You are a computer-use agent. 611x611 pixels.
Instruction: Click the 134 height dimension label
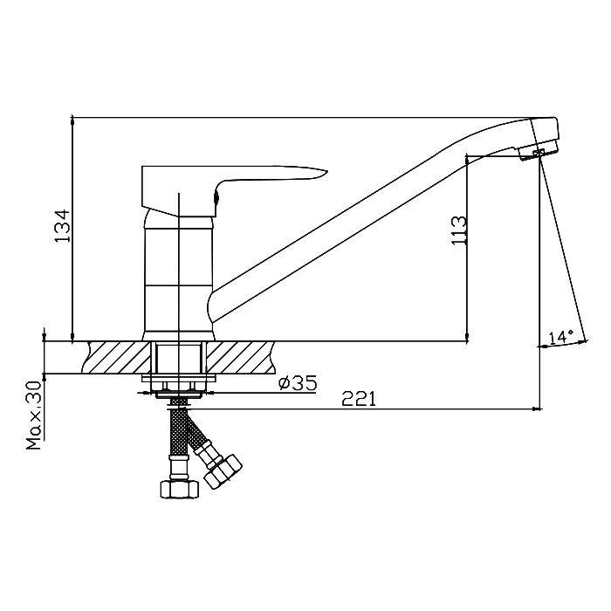(x=62, y=226)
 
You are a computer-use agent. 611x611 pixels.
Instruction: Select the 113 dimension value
(x=459, y=230)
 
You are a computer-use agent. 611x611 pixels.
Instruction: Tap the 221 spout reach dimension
(x=359, y=399)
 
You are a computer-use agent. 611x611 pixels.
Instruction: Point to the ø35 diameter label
(x=299, y=382)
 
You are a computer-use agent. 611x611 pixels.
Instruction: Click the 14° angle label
(x=560, y=337)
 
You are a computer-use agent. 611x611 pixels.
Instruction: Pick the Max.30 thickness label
(x=34, y=415)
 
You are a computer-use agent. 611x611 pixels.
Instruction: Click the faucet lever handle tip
(x=326, y=171)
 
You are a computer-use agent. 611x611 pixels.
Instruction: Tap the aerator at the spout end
(x=539, y=152)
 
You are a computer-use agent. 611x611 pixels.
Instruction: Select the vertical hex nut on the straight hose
(x=179, y=489)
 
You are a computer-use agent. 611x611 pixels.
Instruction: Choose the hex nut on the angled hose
(x=223, y=471)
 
